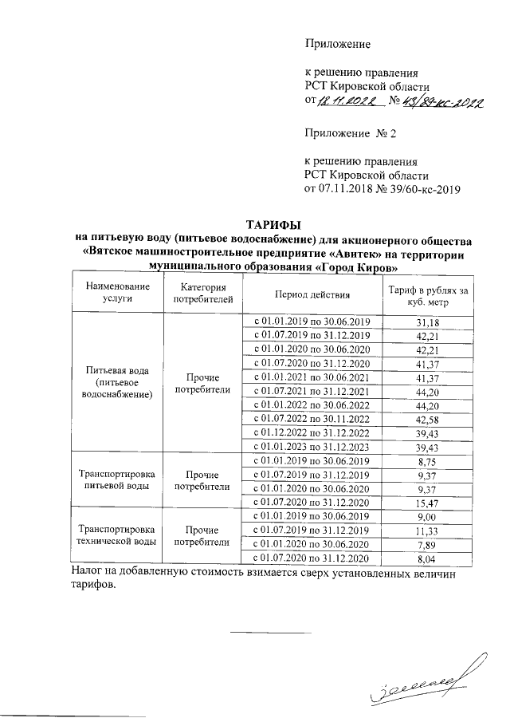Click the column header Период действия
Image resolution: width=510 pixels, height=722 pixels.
312,294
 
